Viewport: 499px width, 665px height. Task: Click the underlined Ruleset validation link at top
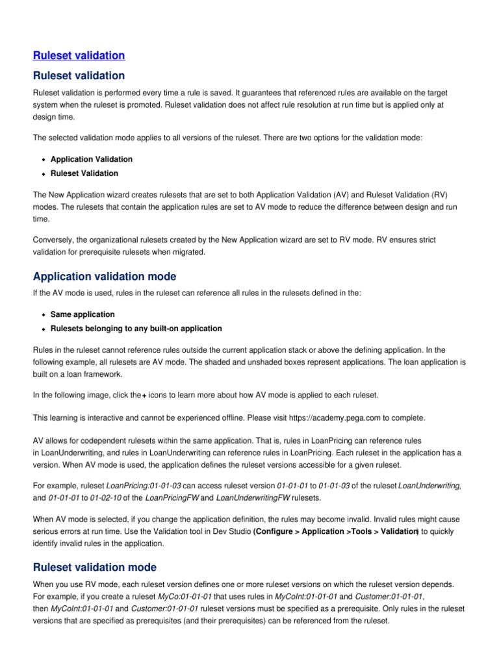[x=79, y=56]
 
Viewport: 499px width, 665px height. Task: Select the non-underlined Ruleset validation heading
[x=79, y=76]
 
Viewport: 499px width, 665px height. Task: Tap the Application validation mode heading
[x=104, y=276]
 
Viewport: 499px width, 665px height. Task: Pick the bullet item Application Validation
[x=91, y=159]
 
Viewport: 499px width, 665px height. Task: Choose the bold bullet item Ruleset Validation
[x=84, y=173]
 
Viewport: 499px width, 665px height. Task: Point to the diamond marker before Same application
[x=43, y=315]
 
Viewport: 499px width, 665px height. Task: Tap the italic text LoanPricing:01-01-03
[x=143, y=486]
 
